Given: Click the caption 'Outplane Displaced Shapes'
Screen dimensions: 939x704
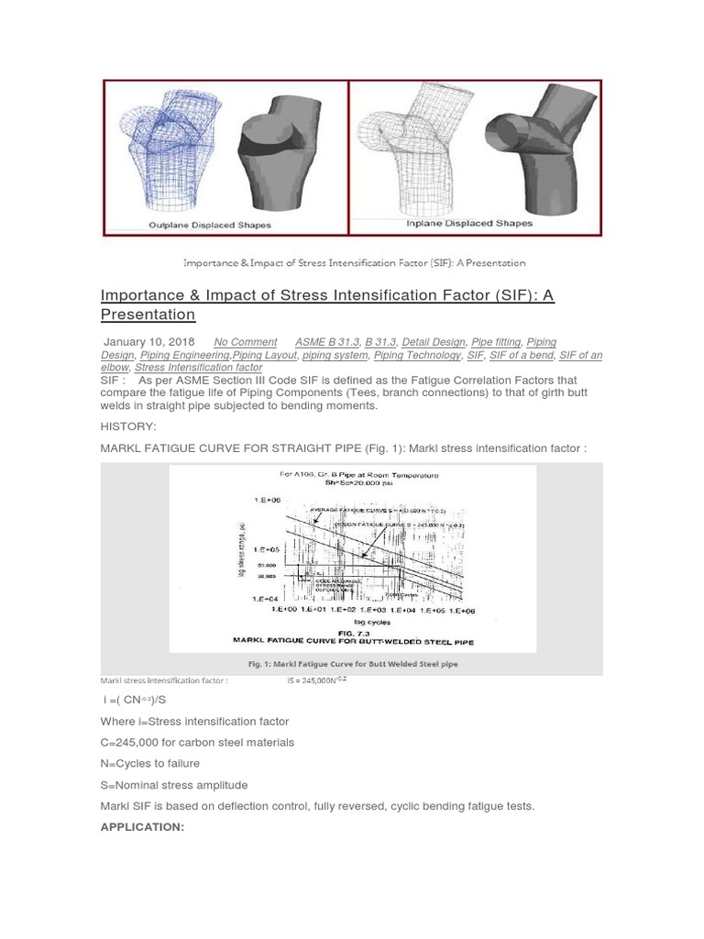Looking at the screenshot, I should pos(210,225).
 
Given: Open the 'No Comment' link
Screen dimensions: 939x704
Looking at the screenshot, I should pos(245,342).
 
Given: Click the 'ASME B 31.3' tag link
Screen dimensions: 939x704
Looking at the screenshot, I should pos(327,342).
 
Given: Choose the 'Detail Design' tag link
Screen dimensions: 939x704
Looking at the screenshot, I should pos(434,342).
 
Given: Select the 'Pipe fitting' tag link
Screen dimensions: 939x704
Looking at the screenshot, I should pos(495,342).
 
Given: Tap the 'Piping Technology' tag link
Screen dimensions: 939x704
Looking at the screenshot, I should pos(417,355).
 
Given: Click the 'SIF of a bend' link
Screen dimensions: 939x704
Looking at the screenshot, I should pos(521,355).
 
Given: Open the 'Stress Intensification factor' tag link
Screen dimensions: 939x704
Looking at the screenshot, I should pos(198,368).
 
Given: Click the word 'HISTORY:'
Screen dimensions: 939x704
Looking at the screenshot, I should pos(128,426).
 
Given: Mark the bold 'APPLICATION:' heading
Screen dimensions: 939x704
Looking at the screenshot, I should pos(142,827).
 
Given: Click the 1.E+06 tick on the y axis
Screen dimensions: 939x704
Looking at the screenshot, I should pos(268,500).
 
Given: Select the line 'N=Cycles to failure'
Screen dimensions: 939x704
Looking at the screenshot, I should pos(150,763).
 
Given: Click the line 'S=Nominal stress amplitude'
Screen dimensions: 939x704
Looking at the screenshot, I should pos(174,785).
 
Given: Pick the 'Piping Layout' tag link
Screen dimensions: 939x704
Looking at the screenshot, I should pos(265,355).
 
